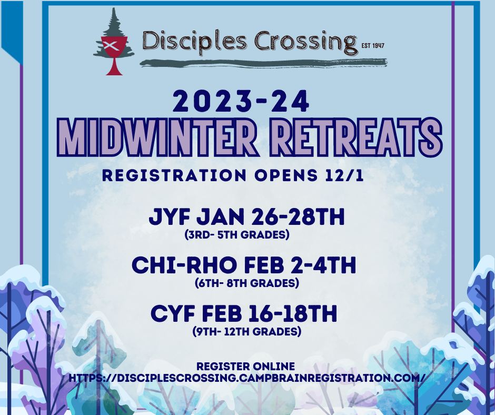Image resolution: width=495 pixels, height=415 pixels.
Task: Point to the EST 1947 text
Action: [x=373, y=45]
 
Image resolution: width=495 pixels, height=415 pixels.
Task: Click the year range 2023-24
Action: [x=242, y=101]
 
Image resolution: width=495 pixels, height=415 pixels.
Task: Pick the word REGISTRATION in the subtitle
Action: [x=169, y=175]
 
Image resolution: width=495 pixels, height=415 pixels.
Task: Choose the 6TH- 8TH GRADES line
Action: [x=247, y=283]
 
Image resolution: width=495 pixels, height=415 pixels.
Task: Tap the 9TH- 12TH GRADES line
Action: [x=247, y=332]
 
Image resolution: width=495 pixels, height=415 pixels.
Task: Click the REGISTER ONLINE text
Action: [x=245, y=366]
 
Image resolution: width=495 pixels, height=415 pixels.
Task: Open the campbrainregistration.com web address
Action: [x=247, y=378]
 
